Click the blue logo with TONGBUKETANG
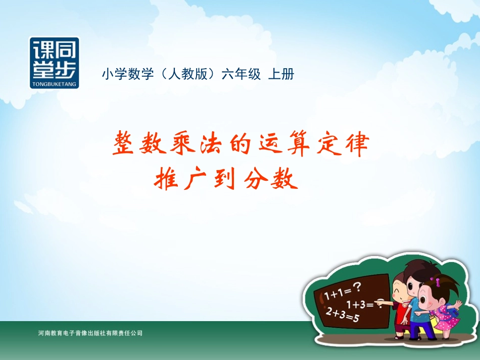coord(54,62)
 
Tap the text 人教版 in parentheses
coord(186,74)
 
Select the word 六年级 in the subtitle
coord(242,74)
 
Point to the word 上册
coord(281,74)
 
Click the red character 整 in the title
coord(125,144)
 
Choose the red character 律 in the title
coord(356,144)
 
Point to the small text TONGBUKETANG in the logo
coord(54,85)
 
